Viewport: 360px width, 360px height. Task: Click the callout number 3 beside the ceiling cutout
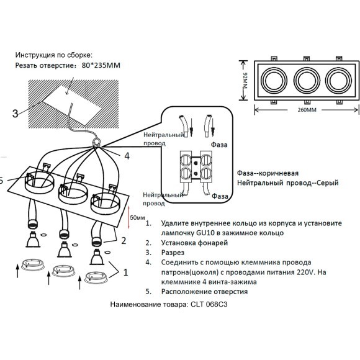(x=15, y=113)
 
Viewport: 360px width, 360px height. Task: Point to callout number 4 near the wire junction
(x=127, y=156)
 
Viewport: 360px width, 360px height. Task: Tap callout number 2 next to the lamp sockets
(x=124, y=240)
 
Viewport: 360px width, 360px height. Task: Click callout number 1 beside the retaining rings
(x=127, y=271)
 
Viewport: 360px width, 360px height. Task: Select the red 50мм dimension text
(x=137, y=218)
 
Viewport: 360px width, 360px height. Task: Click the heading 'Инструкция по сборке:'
(x=54, y=55)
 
